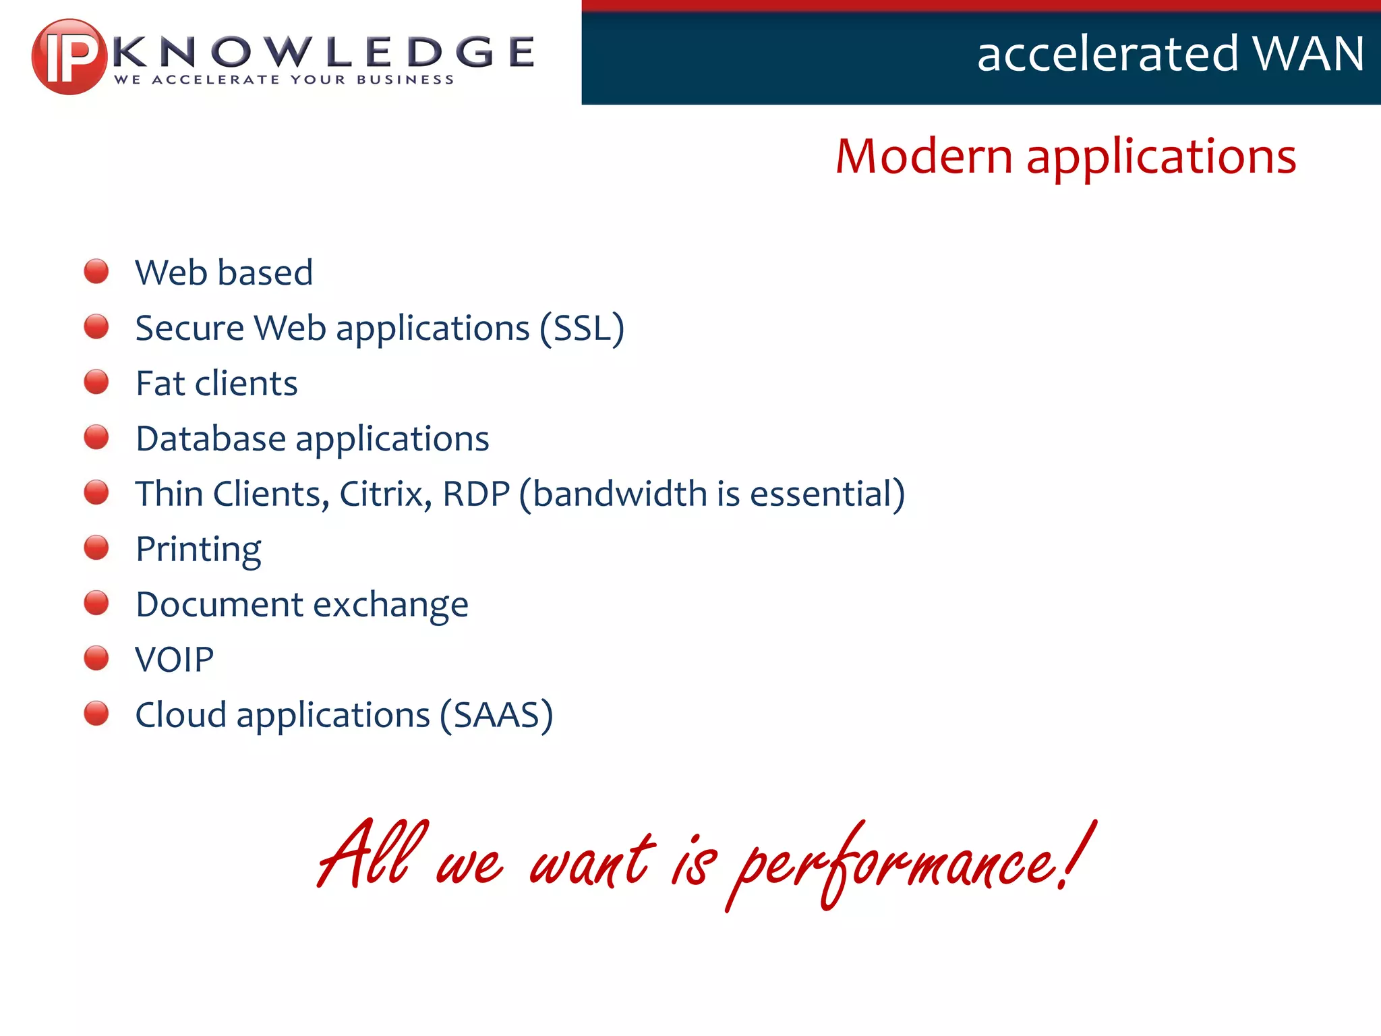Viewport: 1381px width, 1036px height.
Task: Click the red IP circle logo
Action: click(68, 57)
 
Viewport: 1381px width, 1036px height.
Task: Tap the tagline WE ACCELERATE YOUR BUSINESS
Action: click(284, 80)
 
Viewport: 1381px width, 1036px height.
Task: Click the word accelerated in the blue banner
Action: click(1107, 54)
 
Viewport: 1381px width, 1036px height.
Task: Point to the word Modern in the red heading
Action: click(923, 156)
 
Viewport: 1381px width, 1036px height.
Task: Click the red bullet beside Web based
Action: click(96, 271)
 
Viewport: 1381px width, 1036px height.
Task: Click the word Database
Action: click(210, 438)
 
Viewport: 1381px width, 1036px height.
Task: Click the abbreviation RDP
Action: click(476, 494)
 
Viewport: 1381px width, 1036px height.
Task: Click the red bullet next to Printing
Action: click(96, 548)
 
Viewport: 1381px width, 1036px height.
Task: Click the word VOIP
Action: click(174, 660)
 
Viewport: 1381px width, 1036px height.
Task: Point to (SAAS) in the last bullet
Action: click(496, 715)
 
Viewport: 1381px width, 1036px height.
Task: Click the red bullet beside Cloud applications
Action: click(96, 714)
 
